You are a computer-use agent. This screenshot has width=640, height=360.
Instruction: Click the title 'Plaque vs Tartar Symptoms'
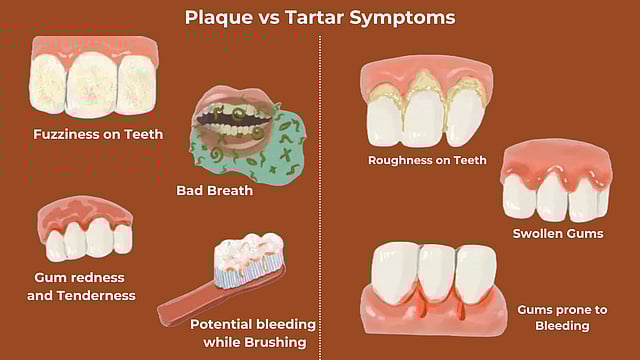tap(320, 17)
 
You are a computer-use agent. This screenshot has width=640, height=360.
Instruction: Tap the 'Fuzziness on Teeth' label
tap(98, 134)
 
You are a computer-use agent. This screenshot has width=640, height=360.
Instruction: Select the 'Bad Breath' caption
tap(214, 190)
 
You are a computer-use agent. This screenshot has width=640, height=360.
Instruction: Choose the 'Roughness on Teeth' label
tap(427, 160)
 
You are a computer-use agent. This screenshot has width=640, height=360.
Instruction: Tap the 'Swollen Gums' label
tap(558, 234)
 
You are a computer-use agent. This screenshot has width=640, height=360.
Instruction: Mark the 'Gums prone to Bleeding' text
tap(554, 318)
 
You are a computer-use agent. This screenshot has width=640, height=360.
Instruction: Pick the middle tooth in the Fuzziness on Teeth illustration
tap(92, 85)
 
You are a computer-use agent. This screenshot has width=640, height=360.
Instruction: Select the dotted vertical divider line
tap(320, 200)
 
